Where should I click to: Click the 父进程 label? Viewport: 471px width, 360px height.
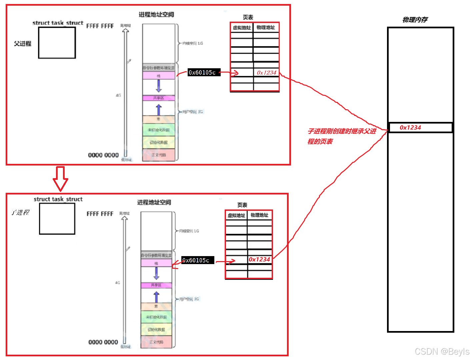pos(22,44)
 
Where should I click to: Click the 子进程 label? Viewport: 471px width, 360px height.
pos(20,212)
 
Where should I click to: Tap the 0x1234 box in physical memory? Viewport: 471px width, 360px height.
pos(420,128)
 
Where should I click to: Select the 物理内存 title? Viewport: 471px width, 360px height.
pos(415,20)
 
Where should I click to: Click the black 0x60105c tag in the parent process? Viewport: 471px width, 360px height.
pos(204,72)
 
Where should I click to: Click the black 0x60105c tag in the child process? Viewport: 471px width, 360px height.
pos(197,260)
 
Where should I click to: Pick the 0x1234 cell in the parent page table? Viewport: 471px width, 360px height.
pos(266,72)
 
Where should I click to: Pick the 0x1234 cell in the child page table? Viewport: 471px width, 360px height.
pos(260,259)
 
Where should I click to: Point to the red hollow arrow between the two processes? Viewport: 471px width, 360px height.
pos(60,179)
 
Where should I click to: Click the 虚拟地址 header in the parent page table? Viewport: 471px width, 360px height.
pos(242,28)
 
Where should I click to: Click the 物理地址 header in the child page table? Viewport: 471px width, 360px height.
pos(259,215)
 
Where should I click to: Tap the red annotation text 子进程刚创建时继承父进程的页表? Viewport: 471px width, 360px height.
pos(342,136)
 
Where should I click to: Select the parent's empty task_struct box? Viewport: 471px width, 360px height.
pos(57,43)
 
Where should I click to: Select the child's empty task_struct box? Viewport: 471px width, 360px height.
pos(57,219)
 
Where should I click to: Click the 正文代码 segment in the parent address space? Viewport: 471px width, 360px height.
pos(159,155)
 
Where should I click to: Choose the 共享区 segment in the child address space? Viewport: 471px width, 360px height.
pos(156,285)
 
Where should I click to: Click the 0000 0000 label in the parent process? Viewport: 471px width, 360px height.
pos(103,155)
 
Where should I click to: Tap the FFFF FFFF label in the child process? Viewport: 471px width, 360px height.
pos(100,214)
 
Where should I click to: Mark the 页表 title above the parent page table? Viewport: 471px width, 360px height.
pos(248,17)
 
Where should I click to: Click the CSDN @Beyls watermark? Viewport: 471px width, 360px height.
pos(442,352)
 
